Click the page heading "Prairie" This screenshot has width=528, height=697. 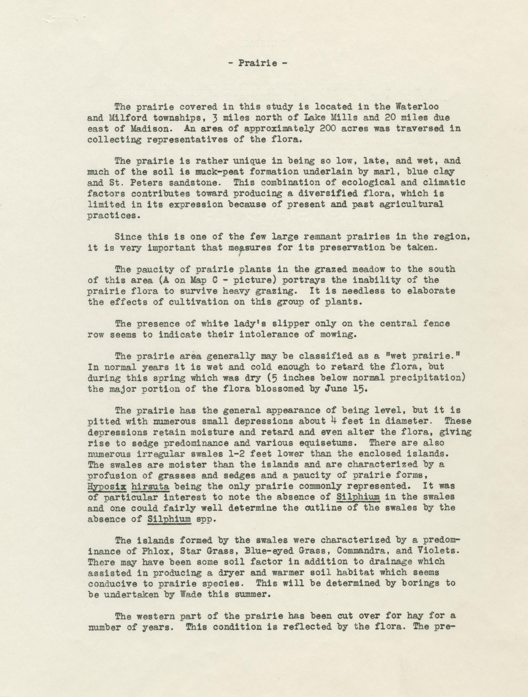coord(258,63)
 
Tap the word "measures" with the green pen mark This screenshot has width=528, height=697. coord(250,247)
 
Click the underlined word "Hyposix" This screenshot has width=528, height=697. coord(107,486)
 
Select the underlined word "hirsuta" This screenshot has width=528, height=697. coord(150,486)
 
